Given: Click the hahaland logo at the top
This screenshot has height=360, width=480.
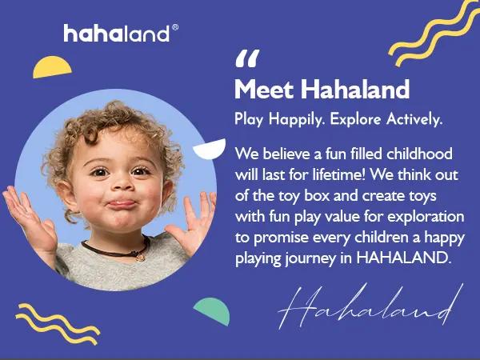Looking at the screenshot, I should coord(116,34).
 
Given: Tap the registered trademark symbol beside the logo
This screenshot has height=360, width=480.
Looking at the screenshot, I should coord(175,26).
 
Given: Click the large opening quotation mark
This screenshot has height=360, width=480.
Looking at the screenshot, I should coord(248,60).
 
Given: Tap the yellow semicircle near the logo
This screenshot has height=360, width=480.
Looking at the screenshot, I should coord(52,67).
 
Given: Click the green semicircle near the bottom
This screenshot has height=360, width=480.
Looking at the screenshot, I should coord(213,310).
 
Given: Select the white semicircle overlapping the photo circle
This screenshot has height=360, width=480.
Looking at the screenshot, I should coord(210,149).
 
